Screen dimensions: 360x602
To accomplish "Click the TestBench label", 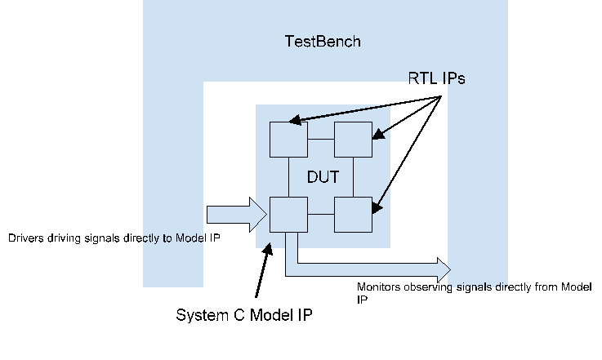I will (x=323, y=41).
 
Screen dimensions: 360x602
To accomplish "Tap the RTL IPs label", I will (x=436, y=78).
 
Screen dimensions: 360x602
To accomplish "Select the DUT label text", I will (x=323, y=177).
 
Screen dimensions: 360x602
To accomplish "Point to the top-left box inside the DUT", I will (x=288, y=140).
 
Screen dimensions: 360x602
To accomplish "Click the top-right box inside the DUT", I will (x=353, y=140).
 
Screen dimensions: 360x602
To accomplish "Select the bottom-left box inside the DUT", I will (x=288, y=216).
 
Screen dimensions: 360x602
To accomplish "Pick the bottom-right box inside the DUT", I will (x=353, y=216).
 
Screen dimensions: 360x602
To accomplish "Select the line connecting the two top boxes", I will (x=320, y=140).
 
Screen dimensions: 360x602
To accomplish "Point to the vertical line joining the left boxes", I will (x=288, y=177).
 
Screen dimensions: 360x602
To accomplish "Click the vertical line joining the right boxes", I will (x=353, y=177).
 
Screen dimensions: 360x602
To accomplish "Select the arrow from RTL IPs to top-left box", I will (x=368, y=109).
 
